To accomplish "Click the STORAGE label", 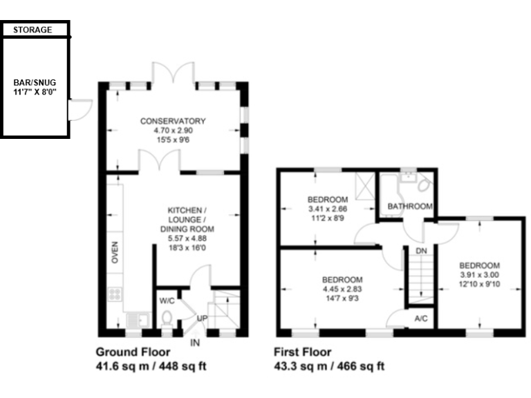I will click(x=32, y=30).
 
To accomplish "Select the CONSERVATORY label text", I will click(x=173, y=122).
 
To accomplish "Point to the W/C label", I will click(x=167, y=301).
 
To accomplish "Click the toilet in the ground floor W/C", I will click(x=167, y=319).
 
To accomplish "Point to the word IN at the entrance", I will click(x=196, y=342).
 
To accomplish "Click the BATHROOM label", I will click(x=410, y=207).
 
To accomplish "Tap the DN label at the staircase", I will click(x=420, y=250).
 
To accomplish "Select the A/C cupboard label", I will click(x=420, y=319).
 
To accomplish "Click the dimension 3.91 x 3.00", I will click(x=479, y=274).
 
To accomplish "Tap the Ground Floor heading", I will click(x=133, y=351).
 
